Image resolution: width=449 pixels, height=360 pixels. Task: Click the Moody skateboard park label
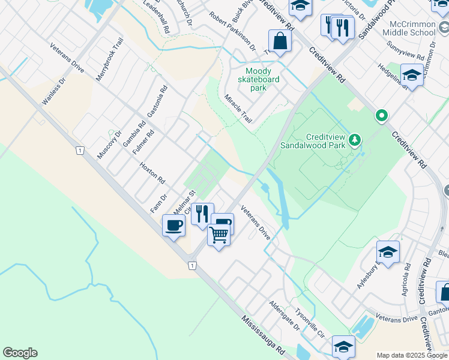tap(258, 79)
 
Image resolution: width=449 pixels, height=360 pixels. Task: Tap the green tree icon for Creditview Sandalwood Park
tap(355, 140)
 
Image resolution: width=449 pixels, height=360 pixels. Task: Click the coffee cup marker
tap(173, 226)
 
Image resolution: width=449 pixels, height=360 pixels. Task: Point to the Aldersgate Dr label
tap(285, 316)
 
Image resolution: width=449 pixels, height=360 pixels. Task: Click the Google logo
tap(20, 353)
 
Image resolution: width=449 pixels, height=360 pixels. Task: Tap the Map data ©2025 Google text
tap(412, 355)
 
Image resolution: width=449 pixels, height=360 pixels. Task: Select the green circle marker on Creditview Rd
tap(381, 115)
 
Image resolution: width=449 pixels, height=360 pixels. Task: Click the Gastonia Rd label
tap(157, 101)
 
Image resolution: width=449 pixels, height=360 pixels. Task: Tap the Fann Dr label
tap(158, 202)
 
